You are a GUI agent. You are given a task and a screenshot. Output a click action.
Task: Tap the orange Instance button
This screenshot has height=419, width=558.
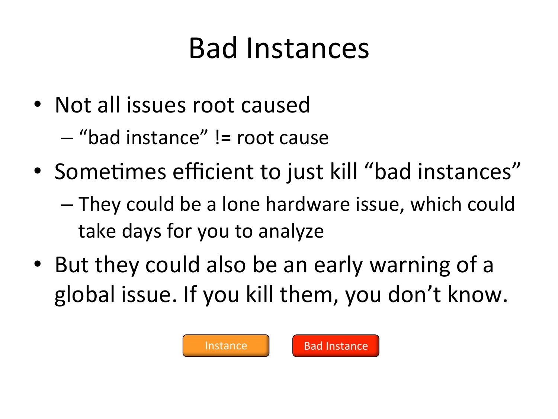(226, 346)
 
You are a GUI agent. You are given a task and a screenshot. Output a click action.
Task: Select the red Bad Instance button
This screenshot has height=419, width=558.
(336, 346)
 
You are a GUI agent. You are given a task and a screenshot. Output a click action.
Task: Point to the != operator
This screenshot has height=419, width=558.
(223, 138)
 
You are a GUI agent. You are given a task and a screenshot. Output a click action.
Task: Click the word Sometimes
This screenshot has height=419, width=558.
(110, 172)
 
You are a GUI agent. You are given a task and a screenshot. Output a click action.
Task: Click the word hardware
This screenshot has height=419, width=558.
(308, 204)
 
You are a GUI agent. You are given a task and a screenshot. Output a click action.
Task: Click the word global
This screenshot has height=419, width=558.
(85, 295)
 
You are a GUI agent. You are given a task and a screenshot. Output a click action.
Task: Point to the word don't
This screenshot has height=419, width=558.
(414, 294)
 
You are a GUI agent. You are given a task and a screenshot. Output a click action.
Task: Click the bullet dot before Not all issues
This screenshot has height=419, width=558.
(37, 104)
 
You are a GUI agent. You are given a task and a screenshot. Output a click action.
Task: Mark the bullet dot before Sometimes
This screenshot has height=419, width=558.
(37, 171)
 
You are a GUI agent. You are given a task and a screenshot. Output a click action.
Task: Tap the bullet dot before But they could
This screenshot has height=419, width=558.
(37, 264)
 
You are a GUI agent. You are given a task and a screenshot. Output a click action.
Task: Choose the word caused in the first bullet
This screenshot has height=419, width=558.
(275, 105)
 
